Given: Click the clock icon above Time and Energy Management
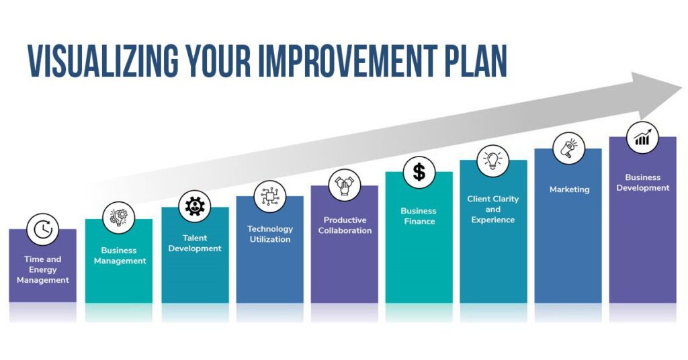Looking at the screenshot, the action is (42, 229).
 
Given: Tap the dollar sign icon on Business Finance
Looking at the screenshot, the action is (419, 173).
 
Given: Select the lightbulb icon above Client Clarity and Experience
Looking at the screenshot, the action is (492, 161).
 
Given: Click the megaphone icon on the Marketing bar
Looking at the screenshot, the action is (568, 148).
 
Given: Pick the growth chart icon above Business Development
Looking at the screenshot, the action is (642, 138).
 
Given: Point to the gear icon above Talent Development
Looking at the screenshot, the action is (194, 206).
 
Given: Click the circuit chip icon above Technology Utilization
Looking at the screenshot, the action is (270, 196).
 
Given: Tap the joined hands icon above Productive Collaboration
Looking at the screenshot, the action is (345, 185).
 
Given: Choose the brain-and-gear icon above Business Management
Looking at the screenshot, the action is (118, 218).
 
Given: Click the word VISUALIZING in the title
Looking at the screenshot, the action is (103, 60).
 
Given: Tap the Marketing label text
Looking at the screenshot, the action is (569, 189).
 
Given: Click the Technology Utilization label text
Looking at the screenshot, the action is (270, 234).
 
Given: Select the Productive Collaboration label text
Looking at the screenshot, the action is (345, 226).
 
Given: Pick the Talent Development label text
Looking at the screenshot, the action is (195, 243).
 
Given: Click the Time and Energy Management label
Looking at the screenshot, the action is (43, 270).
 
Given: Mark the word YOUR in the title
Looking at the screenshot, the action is (218, 60).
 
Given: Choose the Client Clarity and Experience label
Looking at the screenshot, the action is (492, 210).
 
